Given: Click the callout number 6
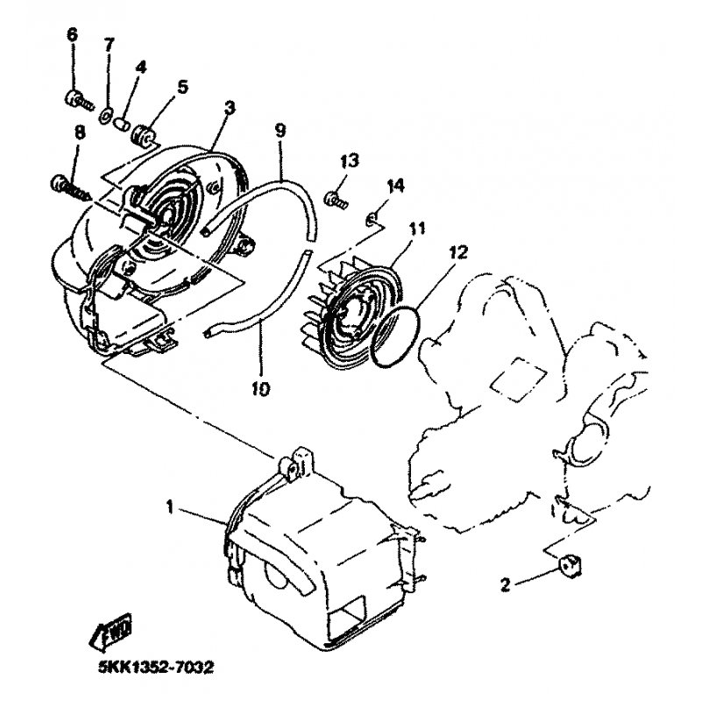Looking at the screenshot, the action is point(72,35).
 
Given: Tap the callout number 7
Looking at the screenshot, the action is point(109,45).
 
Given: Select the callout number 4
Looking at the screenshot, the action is point(140,67).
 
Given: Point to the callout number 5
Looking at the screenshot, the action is point(182,87).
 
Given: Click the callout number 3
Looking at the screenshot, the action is point(230,108).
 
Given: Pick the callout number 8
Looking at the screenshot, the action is point(79,133).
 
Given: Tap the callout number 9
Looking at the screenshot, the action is point(280,130).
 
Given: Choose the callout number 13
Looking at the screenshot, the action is point(349,161).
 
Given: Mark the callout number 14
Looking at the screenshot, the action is point(396,185).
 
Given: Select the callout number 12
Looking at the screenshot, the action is point(458,252).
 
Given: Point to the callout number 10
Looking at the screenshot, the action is point(260,388).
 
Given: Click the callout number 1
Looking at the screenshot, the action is point(169,507).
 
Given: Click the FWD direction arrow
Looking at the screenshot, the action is point(112,631).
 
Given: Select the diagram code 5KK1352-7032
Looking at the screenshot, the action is point(156,668).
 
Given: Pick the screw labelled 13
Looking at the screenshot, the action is point(336,199).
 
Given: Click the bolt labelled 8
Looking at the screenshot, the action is point(71,187).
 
